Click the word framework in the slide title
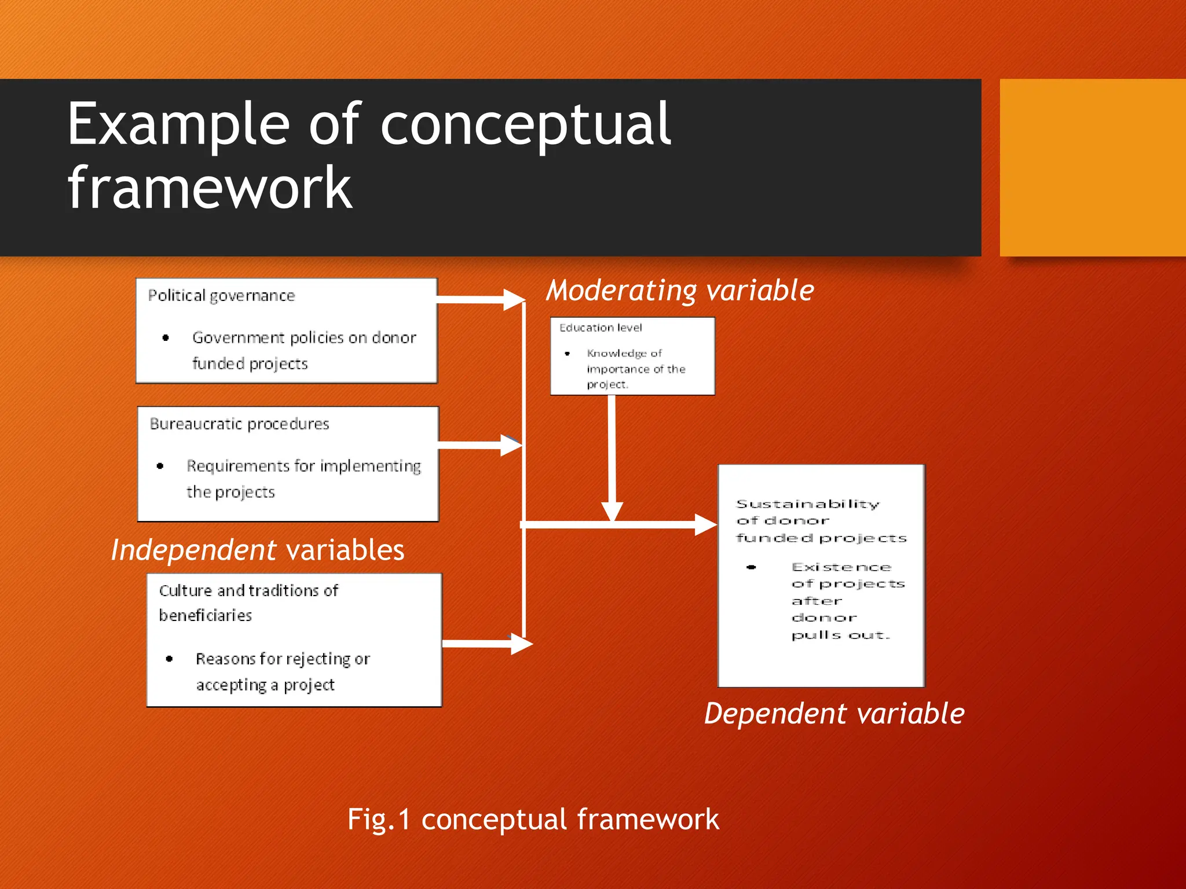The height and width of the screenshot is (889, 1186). click(210, 188)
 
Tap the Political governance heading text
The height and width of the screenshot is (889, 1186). click(221, 296)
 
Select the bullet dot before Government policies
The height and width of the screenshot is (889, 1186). click(166, 338)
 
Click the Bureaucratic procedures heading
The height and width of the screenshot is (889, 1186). click(239, 424)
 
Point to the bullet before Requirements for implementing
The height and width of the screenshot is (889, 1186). click(160, 466)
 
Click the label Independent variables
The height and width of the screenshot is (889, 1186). click(257, 550)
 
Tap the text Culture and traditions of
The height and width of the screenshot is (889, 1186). click(248, 591)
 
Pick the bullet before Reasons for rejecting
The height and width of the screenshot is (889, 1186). click(169, 659)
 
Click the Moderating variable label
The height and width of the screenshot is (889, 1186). click(680, 291)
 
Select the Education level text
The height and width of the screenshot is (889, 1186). click(601, 328)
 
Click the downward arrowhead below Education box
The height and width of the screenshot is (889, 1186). click(612, 512)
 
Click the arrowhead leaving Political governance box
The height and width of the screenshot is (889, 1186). click(514, 299)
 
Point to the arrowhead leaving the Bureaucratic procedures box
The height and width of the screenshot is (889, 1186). click(511, 445)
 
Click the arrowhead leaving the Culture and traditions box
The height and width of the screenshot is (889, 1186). click(521, 644)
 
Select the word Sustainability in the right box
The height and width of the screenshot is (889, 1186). click(807, 504)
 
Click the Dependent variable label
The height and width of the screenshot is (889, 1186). click(834, 714)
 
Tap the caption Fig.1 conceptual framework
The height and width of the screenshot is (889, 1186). click(533, 820)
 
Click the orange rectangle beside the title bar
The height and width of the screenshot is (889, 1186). click(1092, 168)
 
